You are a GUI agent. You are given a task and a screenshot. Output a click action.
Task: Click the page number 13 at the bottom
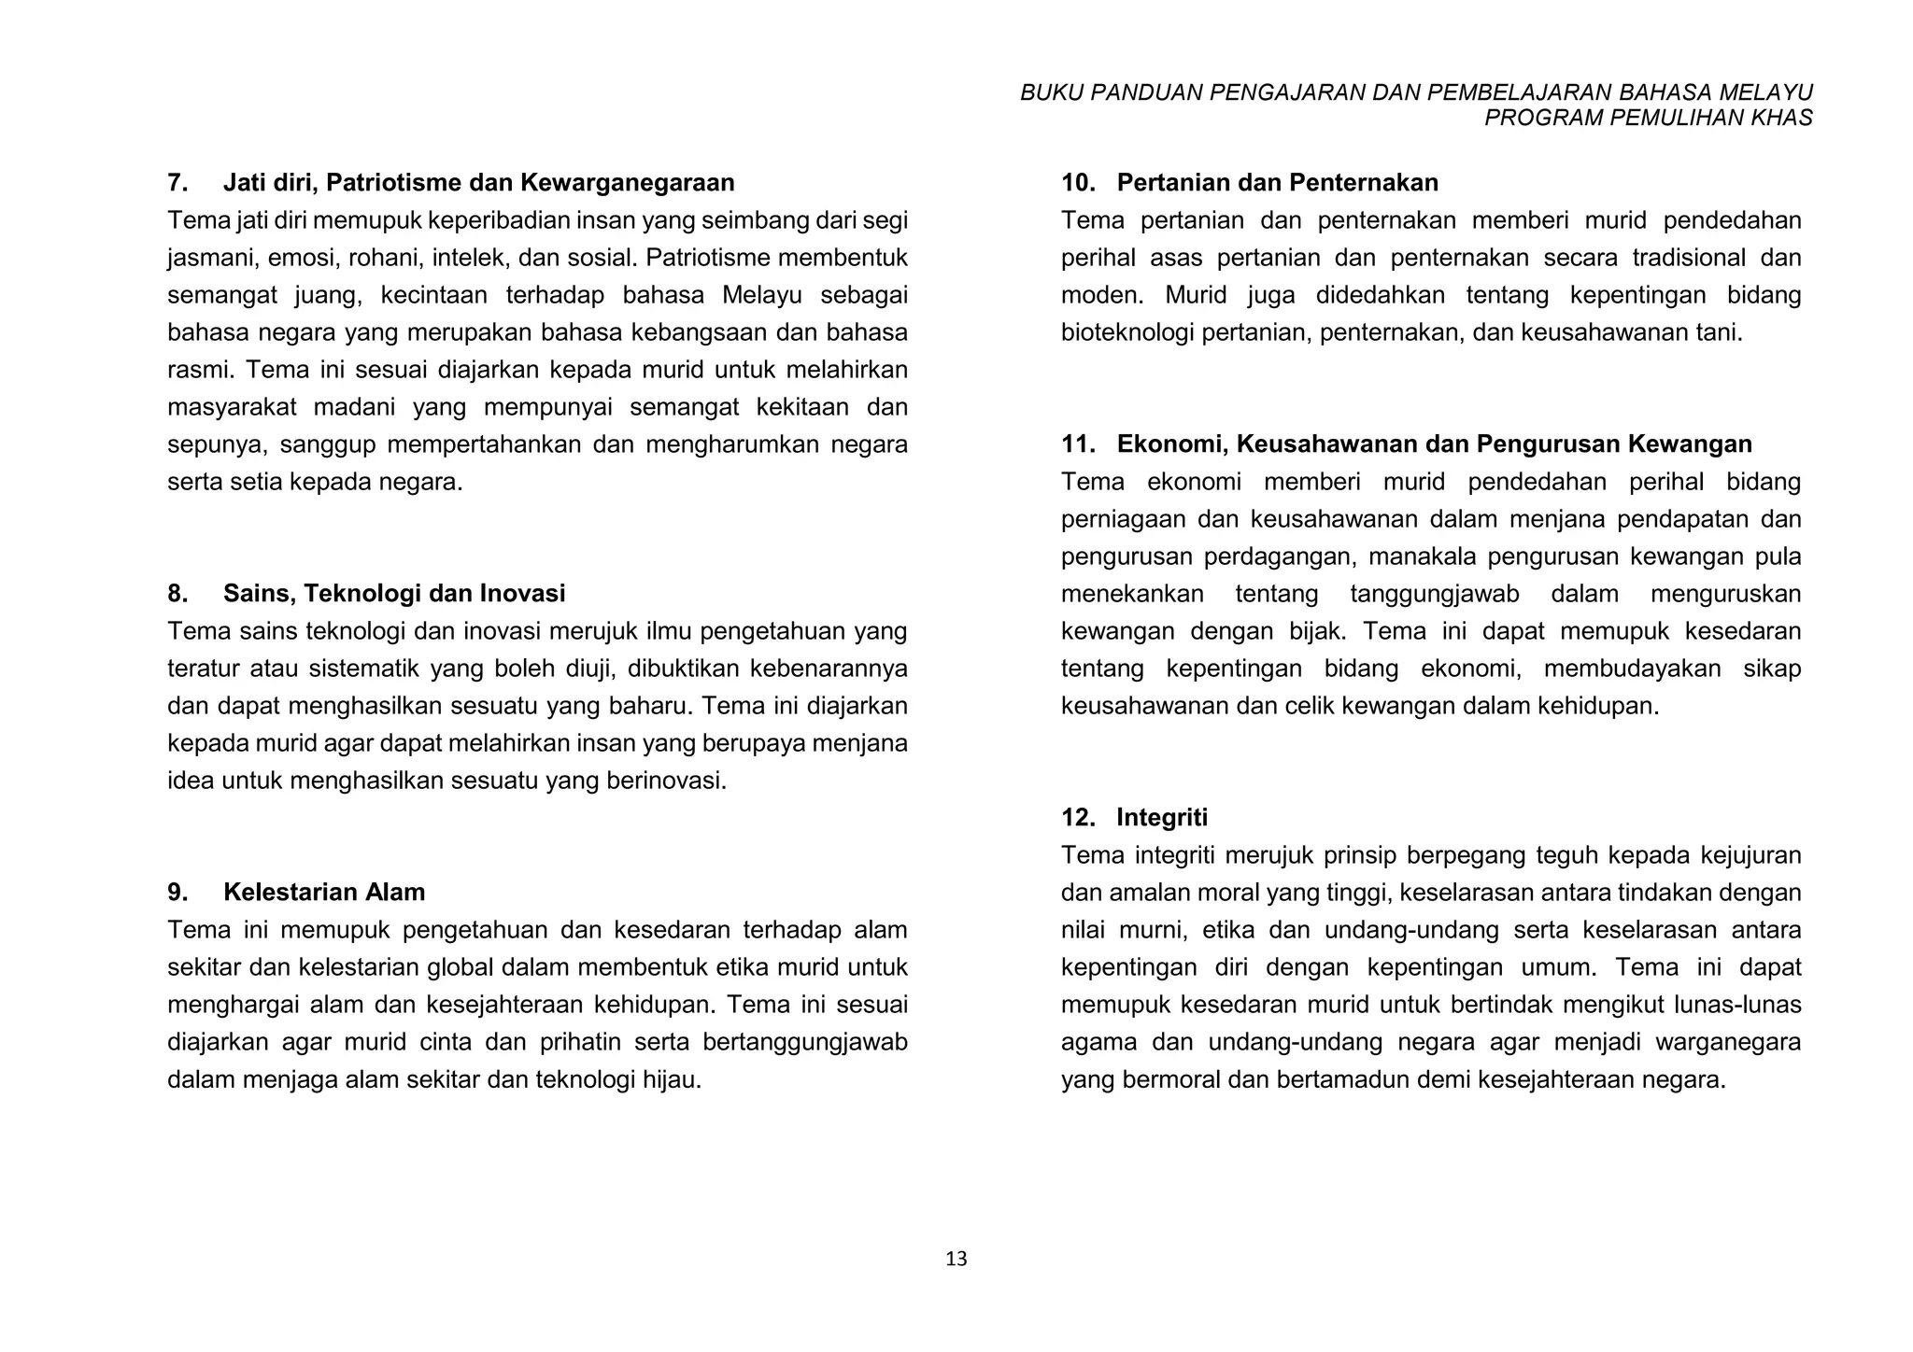956,1260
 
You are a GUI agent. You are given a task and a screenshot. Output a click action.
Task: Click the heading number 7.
177,182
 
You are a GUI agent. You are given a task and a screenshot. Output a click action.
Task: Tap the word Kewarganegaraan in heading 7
629,182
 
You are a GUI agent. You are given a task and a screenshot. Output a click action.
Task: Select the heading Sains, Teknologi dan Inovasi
394,593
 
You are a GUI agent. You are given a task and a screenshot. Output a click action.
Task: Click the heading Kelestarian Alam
324,892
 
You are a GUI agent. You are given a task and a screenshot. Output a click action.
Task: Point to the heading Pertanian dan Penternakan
1277,182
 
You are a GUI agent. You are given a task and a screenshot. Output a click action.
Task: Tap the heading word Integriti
1161,817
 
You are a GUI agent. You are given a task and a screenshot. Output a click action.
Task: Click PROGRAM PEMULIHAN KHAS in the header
1648,118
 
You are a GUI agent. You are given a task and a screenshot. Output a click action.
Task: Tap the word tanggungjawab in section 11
1435,594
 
